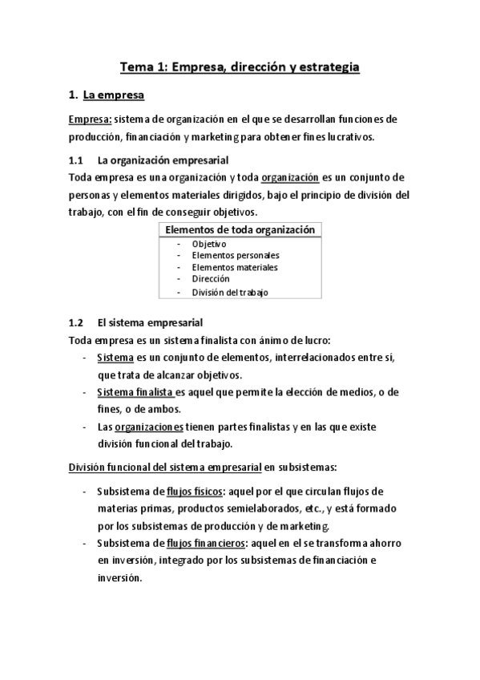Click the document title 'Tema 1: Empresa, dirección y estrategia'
(240, 67)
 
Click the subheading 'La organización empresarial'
(162, 160)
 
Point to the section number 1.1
(76, 160)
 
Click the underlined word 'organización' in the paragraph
(290, 177)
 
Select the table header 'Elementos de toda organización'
(240, 230)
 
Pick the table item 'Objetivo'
(209, 244)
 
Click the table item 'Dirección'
(211, 279)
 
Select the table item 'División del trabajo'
(230, 292)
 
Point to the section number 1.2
(76, 323)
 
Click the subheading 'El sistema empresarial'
(151, 323)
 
